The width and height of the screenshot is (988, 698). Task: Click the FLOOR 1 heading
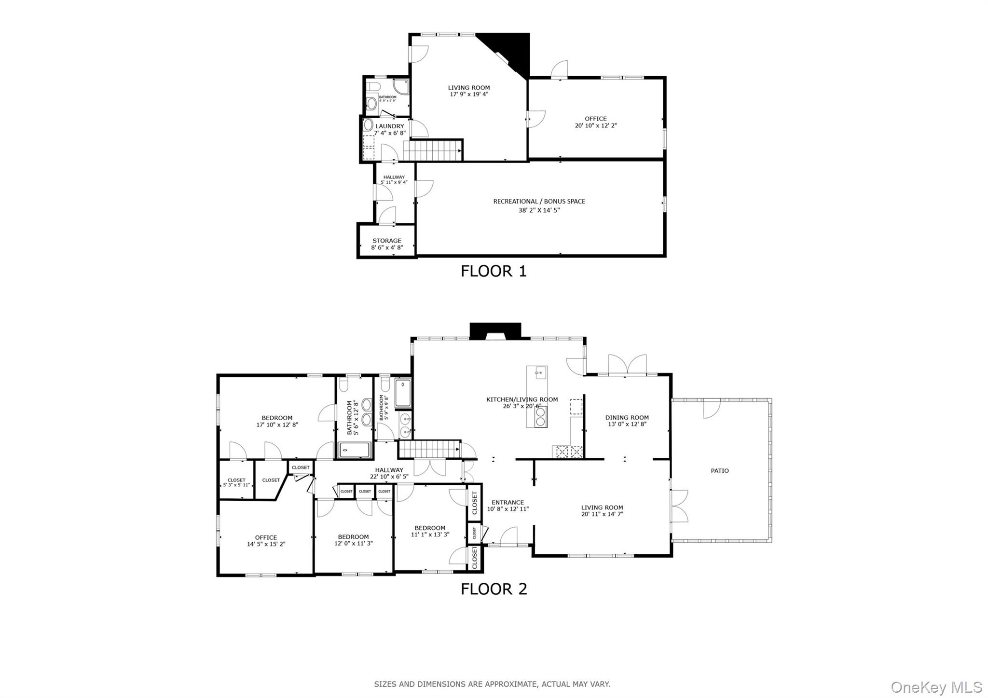tap(494, 271)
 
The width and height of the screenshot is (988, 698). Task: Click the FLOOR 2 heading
tap(494, 589)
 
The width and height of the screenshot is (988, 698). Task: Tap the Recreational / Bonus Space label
tap(539, 202)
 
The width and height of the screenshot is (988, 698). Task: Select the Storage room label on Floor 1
tap(387, 241)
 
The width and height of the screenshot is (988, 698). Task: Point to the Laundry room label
tap(390, 126)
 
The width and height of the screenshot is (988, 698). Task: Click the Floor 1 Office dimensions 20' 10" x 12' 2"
tap(595, 125)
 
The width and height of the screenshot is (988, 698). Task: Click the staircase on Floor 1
tap(432, 151)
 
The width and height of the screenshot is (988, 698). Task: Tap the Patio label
tap(719, 471)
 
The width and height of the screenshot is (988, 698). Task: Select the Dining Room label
tap(627, 418)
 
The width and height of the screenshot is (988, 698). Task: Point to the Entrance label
tap(508, 503)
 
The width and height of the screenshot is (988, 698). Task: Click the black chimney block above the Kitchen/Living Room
tap(495, 330)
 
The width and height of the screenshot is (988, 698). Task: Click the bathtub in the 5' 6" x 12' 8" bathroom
tap(355, 450)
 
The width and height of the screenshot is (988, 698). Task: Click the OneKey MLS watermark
tap(936, 686)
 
